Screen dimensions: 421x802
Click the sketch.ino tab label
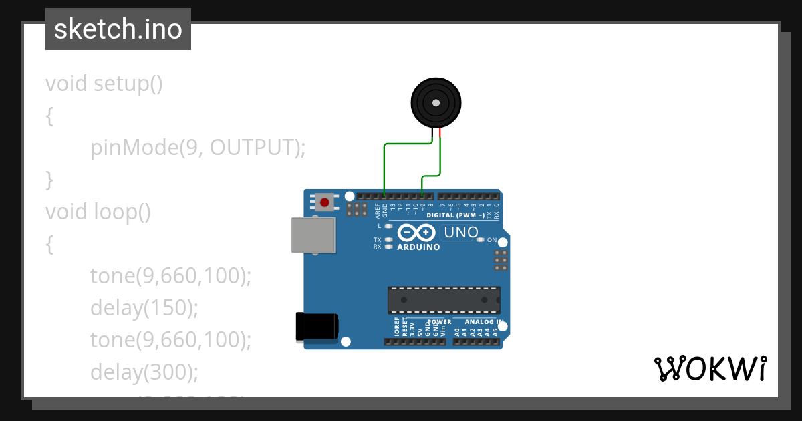coord(118,29)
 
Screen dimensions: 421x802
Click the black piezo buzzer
coord(436,103)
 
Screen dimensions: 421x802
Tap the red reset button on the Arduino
coord(325,202)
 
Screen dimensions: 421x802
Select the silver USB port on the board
coord(313,235)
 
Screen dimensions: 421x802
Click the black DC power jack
coord(316,327)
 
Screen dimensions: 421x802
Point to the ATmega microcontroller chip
coord(444,300)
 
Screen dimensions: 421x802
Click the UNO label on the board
coord(461,233)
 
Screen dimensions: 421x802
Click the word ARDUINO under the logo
coord(418,247)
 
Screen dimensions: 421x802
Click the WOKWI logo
coord(710,369)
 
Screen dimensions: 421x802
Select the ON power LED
coord(480,239)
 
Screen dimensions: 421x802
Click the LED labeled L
coord(388,226)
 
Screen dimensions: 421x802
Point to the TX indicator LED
coord(388,239)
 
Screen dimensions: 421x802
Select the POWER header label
coord(439,322)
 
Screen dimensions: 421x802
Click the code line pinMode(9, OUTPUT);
coord(198,148)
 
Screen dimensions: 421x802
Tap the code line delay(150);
coord(144,308)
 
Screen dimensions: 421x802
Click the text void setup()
coord(104,84)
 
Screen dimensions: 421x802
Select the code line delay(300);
coord(144,372)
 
